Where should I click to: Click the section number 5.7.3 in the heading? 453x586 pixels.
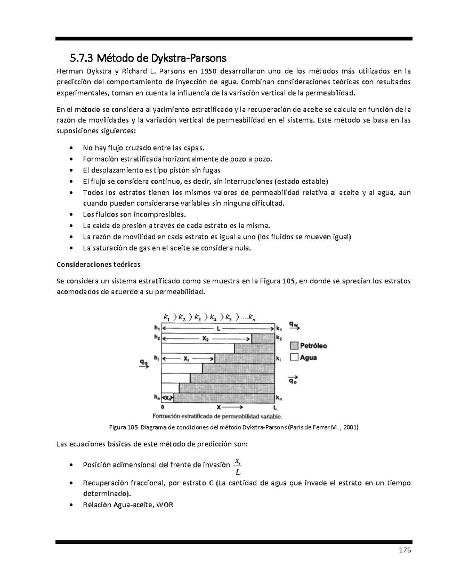pyautogui.click(x=82, y=58)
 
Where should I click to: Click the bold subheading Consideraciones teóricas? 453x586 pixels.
pyautogui.click(x=98, y=265)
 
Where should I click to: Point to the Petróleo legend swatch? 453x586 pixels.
pyautogui.click(x=294, y=346)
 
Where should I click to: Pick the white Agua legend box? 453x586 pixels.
pyautogui.click(x=294, y=357)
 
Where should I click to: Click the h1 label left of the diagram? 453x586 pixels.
pyautogui.click(x=156, y=328)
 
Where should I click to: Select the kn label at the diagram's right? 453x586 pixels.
pyautogui.click(x=279, y=397)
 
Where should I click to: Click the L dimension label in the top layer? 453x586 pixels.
pyautogui.click(x=218, y=329)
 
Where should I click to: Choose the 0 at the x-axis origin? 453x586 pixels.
pyautogui.click(x=162, y=408)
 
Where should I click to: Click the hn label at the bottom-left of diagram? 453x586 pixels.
pyautogui.click(x=156, y=397)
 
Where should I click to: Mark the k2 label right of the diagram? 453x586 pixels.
pyautogui.click(x=279, y=338)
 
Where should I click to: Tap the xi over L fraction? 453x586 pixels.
pyautogui.click(x=237, y=467)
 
